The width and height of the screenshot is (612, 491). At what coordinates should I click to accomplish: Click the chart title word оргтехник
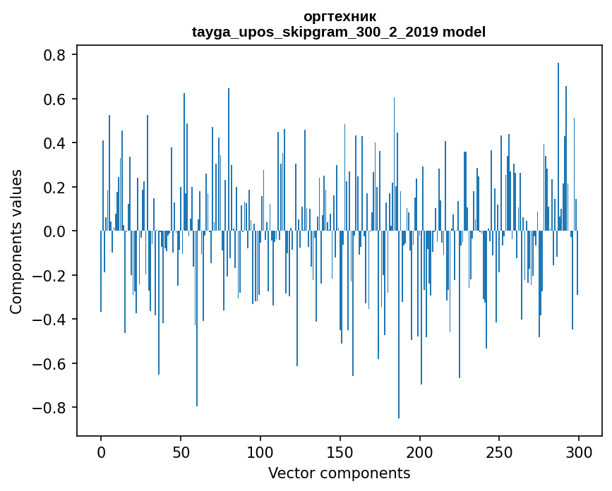pos(339,16)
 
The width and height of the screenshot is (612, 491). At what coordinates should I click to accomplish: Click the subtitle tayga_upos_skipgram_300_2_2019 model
pos(339,32)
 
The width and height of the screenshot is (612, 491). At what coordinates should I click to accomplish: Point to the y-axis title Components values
pos(16,241)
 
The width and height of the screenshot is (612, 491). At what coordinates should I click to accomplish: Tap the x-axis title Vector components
pos(339,473)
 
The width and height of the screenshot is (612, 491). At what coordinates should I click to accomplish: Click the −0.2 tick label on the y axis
pos(49,275)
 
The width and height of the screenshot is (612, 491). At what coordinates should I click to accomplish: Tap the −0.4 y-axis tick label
pos(49,320)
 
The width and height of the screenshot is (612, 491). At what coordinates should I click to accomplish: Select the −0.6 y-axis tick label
pos(49,363)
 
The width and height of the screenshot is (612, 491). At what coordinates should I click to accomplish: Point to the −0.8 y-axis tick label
pos(49,408)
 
